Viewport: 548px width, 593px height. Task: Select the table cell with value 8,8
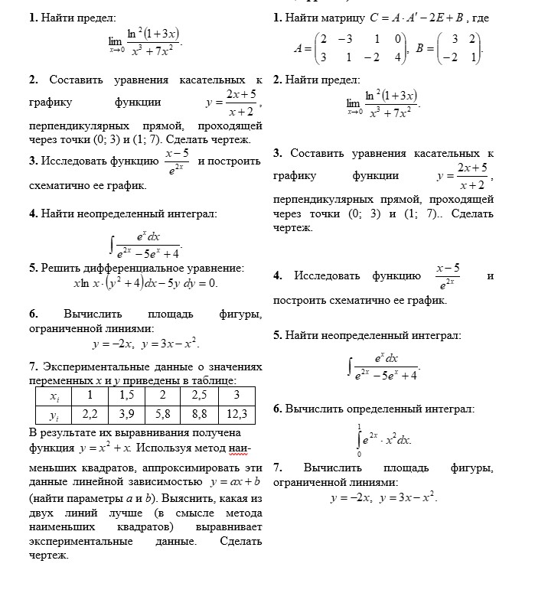[199, 414]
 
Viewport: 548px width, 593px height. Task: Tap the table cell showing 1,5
[126, 395]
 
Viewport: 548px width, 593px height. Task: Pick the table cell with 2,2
[90, 414]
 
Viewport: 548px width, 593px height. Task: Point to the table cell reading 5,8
[162, 414]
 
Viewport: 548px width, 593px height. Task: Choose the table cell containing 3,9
[126, 414]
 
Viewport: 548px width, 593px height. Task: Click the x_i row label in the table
[54, 396]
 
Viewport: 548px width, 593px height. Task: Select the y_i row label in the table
[54, 415]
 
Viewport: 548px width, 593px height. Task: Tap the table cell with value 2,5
[199, 395]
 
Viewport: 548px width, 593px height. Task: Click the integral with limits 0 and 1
[383, 440]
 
